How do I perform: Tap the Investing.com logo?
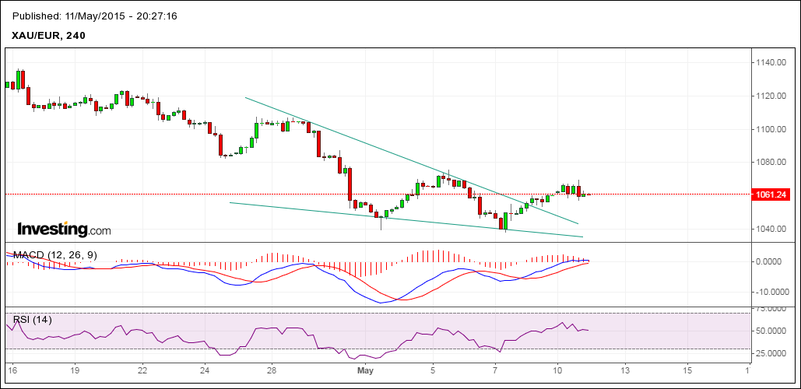pos(64,230)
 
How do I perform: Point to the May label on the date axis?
pos(367,371)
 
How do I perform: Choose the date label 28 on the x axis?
pos(270,371)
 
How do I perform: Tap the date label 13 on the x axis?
pos(622,371)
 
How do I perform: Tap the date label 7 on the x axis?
pos(496,371)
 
